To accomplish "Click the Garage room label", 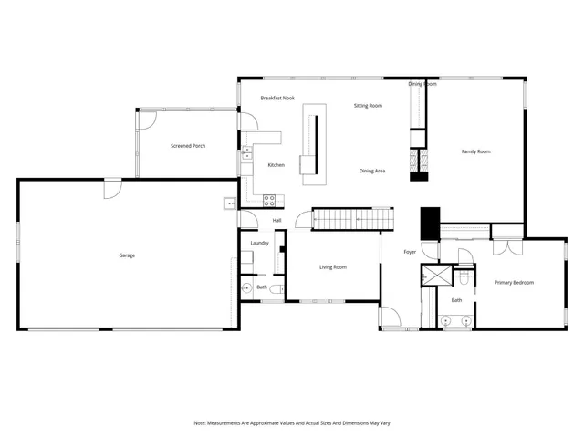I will click(x=127, y=255).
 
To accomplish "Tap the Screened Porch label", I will click(x=187, y=146).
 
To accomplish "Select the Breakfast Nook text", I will click(x=277, y=98).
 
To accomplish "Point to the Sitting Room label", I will click(x=368, y=106).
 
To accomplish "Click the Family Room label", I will click(x=475, y=151).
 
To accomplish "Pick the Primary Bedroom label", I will click(x=514, y=283).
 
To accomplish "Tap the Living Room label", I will click(x=332, y=267).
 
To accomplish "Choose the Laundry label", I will click(x=259, y=243).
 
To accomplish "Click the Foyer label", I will click(x=411, y=252).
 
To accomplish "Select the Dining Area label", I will click(x=371, y=171).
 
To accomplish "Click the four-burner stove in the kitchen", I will click(x=270, y=201).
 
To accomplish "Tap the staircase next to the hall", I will click(x=354, y=220).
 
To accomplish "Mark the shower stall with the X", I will click(x=436, y=277).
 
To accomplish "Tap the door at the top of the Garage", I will click(x=112, y=187).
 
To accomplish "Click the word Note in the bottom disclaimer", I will click(x=200, y=423).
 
